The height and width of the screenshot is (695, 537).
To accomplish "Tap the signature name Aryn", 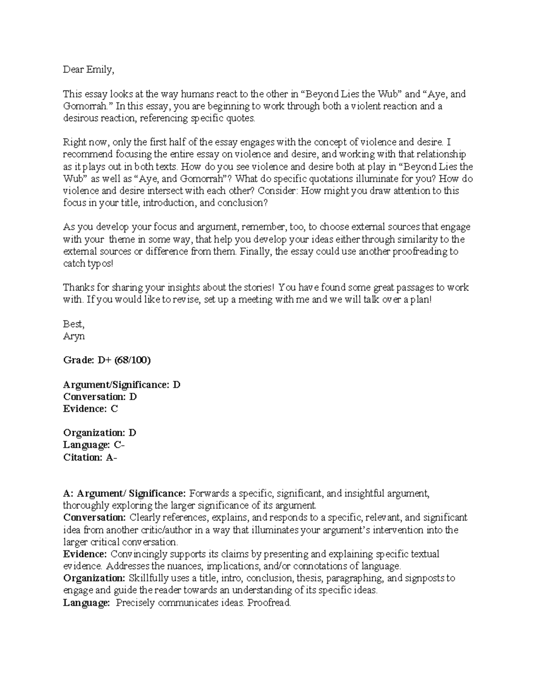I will coord(74,336).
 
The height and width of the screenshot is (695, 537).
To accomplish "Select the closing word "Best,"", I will coord(74,324).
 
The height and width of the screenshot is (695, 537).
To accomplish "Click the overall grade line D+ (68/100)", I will coord(107,360).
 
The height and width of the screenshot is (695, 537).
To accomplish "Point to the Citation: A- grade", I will coord(90,457).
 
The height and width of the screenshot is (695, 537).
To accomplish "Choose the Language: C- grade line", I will coord(94,445).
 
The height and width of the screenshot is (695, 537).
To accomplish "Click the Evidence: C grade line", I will coord(90,409).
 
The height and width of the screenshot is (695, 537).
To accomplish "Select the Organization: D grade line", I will coord(99,433).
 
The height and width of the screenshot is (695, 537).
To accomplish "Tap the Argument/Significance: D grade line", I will coord(121,384).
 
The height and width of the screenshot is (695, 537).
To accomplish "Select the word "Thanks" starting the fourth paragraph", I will coord(77,287).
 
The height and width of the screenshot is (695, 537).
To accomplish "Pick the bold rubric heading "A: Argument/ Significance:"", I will coord(124,494).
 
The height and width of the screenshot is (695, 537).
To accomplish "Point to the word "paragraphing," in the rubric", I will coord(353,578).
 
